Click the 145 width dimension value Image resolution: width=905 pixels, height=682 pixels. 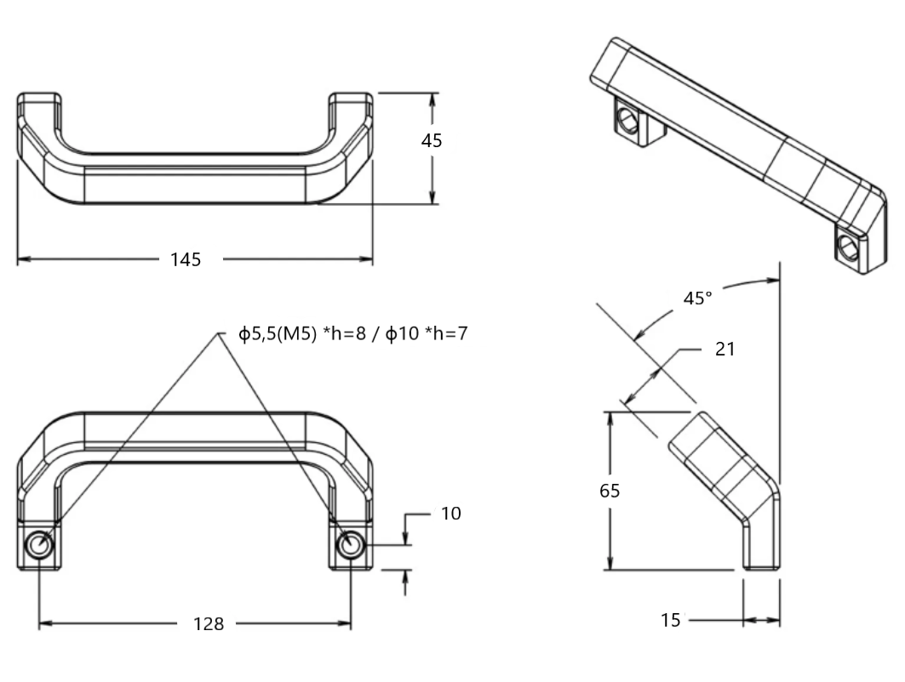pos(186,260)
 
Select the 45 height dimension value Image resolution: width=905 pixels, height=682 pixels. pos(432,141)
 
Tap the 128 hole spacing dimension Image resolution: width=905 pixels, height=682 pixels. pos(208,624)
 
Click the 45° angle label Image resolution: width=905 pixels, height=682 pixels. pos(698,298)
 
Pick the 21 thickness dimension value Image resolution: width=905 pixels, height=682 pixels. pos(725,349)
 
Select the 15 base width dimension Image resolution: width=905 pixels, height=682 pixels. pos(671,621)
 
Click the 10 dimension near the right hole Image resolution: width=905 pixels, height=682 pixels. pos(451,514)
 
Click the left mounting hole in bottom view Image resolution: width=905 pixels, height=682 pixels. pos(39,545)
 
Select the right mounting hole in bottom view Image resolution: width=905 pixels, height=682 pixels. pos(350,545)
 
